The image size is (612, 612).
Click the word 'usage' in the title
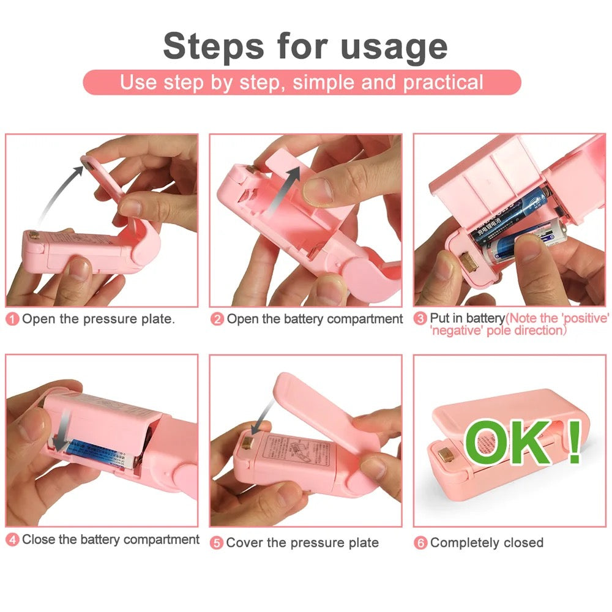click(394, 47)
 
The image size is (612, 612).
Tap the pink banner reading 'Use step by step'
click(302, 82)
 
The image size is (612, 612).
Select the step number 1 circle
click(13, 319)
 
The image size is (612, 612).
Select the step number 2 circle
click(217, 319)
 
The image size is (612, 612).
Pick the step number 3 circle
click(420, 319)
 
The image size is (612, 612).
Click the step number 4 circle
click(13, 540)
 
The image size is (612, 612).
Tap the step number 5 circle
click(217, 543)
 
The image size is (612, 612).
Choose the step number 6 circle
click(420, 543)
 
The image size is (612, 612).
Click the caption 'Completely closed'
click(487, 543)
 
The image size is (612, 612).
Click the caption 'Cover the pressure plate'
click(302, 543)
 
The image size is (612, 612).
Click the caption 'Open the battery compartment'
click(315, 319)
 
